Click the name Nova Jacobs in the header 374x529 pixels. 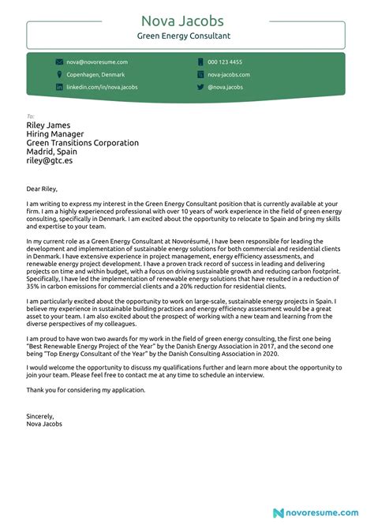click(x=186, y=21)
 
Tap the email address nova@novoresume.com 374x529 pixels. click(x=97, y=62)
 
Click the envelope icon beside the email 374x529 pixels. click(x=59, y=62)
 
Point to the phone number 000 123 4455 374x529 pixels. click(x=225, y=62)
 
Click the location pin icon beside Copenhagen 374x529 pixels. click(x=59, y=74)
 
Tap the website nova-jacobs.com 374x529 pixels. click(x=229, y=74)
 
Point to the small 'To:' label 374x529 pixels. click(x=31, y=115)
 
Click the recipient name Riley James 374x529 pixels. click(x=48, y=125)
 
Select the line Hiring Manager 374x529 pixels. click(x=56, y=134)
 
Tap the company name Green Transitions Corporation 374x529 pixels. click(x=82, y=143)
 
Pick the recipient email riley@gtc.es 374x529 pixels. click(x=49, y=162)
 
